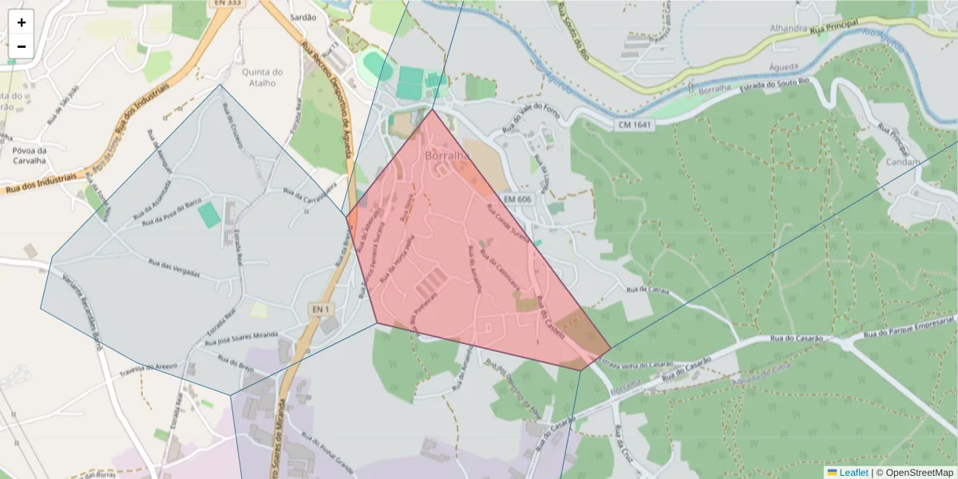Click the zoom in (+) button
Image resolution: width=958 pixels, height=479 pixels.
point(22,22)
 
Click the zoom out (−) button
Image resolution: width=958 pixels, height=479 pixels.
point(22,46)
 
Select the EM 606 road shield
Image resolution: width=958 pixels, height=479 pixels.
point(517,198)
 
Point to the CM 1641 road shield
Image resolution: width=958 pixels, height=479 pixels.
point(635,125)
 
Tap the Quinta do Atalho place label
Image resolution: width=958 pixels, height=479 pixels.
point(262,77)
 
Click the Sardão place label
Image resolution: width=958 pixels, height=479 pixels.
point(303,16)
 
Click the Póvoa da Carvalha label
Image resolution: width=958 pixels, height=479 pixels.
point(30,155)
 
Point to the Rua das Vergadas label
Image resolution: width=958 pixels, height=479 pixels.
point(175,268)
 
